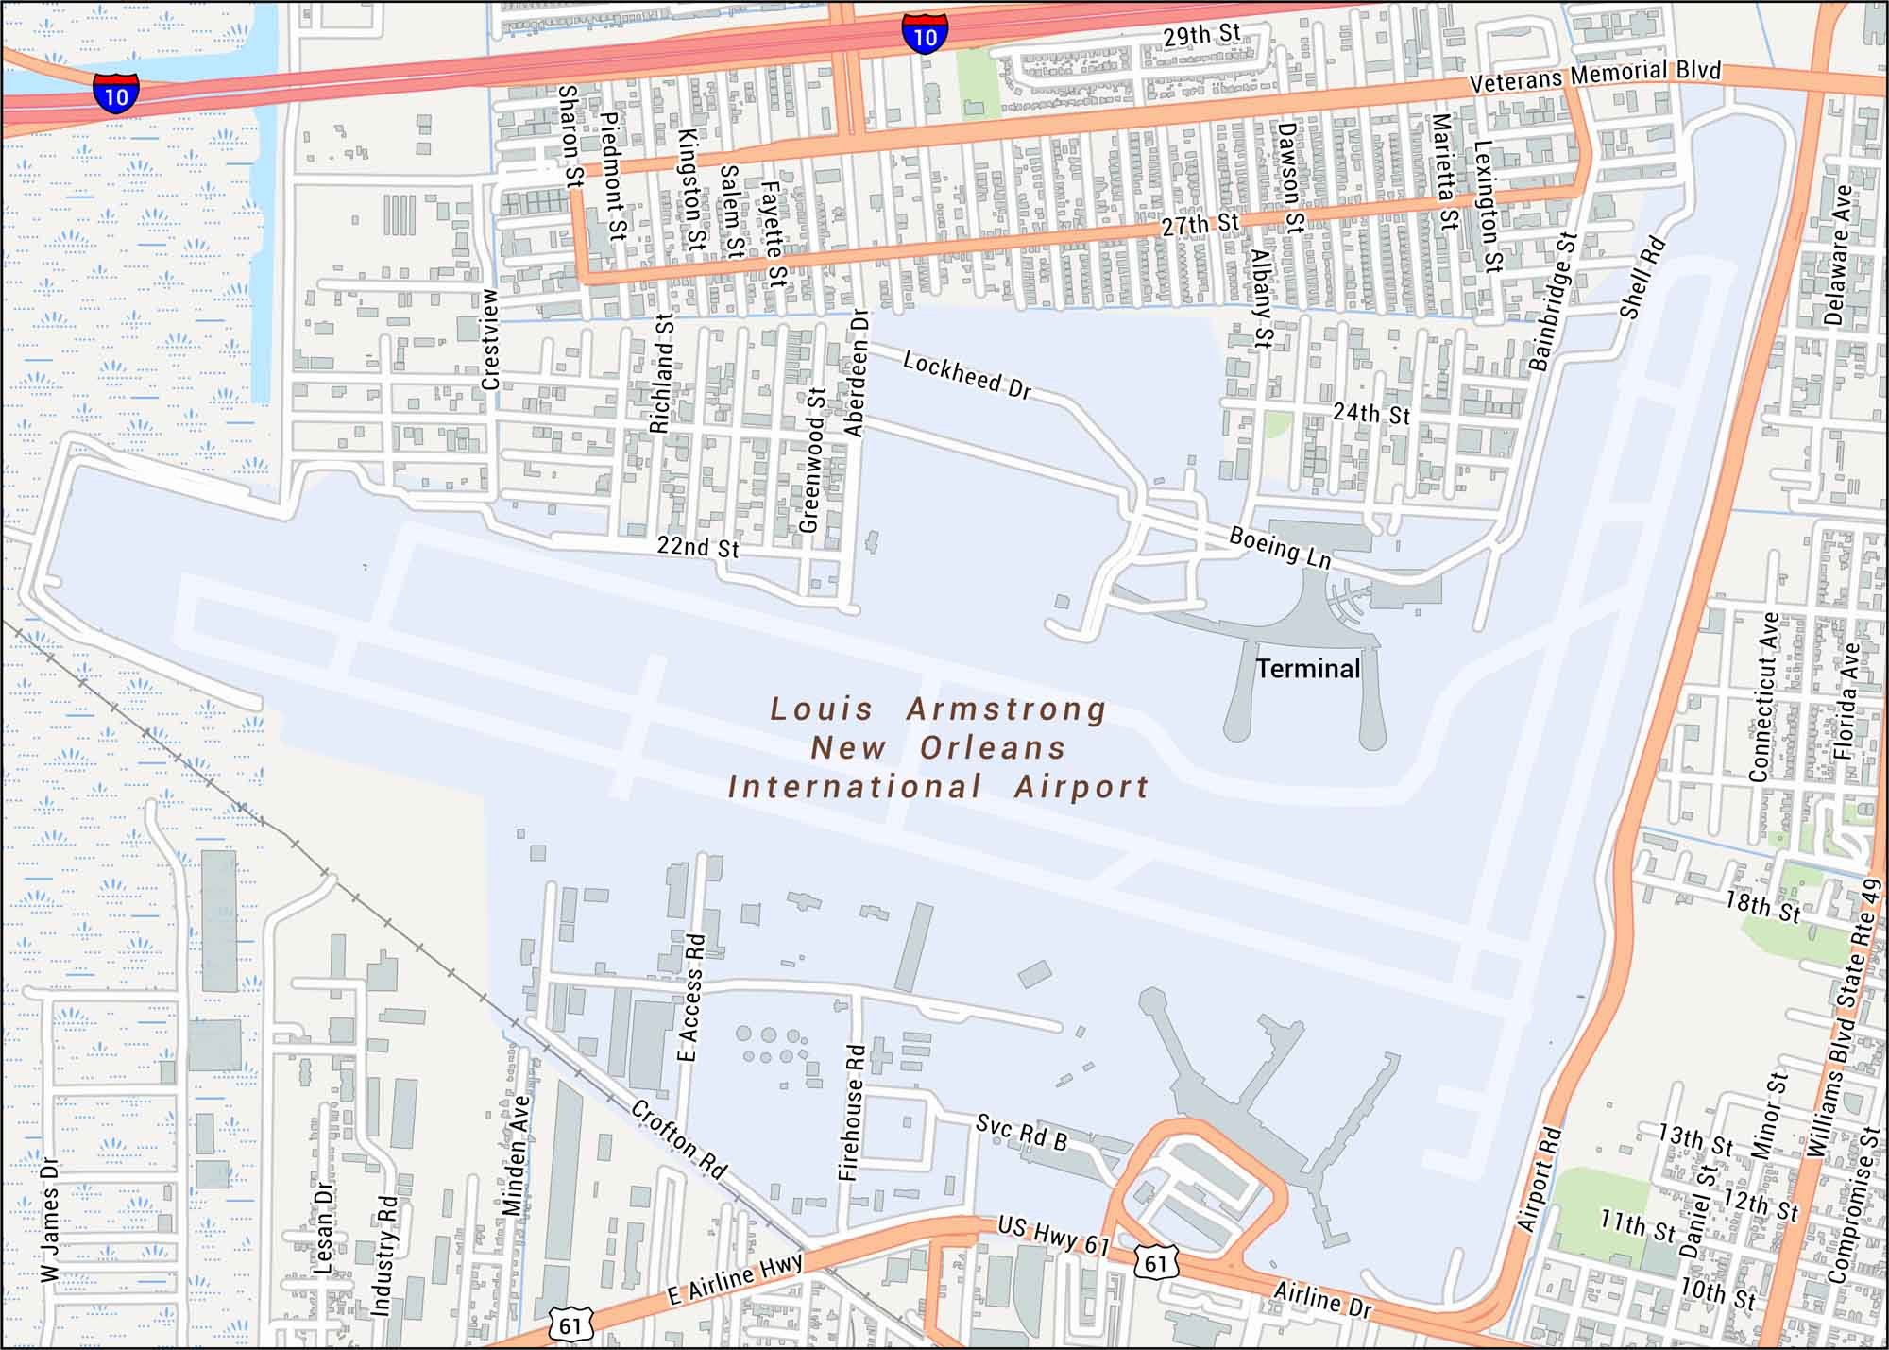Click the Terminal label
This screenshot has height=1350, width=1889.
point(1308,669)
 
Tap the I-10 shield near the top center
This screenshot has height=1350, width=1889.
point(925,35)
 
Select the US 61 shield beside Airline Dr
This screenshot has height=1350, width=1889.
point(1159,1262)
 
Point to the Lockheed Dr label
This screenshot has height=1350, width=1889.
point(967,375)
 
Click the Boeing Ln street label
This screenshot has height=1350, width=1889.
point(1280,548)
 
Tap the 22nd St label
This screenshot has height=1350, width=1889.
point(698,547)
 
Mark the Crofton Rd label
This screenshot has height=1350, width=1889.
point(679,1140)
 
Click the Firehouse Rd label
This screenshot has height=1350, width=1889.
point(852,1112)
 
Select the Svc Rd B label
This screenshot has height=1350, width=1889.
point(1021,1132)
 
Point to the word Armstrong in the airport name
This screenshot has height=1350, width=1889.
point(1006,709)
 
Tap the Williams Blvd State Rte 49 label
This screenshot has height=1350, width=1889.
point(1846,1017)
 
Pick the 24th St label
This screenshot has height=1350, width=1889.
point(1371,414)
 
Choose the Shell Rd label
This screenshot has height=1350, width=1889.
point(1642,278)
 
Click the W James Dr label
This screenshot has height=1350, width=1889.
point(50,1221)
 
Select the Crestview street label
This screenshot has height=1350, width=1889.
point(490,339)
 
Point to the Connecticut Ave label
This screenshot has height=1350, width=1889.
point(1763,697)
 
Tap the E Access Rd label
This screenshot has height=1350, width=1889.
point(693,997)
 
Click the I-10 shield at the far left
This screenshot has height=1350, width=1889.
point(115,94)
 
